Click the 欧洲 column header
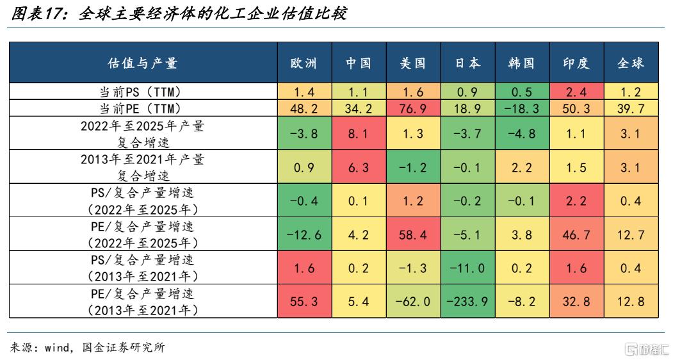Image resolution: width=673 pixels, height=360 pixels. click(304, 63)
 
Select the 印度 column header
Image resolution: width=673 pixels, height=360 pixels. click(576, 63)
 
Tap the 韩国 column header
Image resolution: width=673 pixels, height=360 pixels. click(522, 63)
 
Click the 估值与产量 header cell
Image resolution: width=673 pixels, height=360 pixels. click(143, 63)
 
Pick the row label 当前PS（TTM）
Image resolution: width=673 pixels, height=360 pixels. click(143, 92)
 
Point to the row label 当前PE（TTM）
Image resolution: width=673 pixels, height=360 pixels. click(143, 108)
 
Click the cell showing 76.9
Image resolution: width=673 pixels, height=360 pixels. click(413, 108)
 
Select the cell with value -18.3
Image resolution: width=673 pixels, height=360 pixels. click(522, 108)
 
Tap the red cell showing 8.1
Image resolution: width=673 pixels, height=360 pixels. click(359, 133)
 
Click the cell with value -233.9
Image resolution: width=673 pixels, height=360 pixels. click(468, 301)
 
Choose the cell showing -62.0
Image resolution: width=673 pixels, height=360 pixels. click(413, 301)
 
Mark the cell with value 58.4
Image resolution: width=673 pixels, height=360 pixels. click(413, 234)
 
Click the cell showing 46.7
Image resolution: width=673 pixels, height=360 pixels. click(576, 234)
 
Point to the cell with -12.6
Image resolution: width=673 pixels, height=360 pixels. click(304, 234)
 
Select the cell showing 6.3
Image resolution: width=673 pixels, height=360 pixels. click(359, 167)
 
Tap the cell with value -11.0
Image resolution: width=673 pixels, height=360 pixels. click(468, 268)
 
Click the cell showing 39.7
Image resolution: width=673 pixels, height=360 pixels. click(631, 108)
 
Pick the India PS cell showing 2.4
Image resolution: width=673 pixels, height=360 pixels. click(576, 92)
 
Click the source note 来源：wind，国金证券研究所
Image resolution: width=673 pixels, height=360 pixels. click(87, 347)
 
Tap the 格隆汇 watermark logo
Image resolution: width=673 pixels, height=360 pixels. click(646, 349)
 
